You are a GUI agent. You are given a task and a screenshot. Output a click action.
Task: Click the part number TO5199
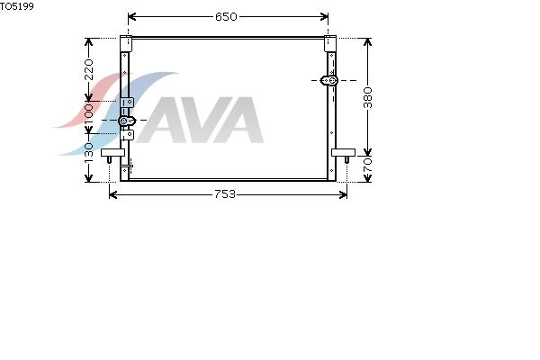click(17, 6)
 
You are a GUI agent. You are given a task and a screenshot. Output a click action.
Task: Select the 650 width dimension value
click(226, 16)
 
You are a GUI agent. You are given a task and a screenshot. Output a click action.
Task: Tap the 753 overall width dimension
click(225, 194)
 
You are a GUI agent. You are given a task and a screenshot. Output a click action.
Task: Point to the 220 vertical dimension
click(89, 69)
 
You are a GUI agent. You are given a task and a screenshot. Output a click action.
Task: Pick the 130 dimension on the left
click(89, 152)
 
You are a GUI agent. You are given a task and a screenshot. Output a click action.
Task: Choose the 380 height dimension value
click(368, 97)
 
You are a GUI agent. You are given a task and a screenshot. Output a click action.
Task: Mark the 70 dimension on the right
click(368, 165)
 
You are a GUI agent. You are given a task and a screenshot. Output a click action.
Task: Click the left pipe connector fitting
click(127, 121)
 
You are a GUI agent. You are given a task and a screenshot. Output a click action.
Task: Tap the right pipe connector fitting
click(329, 81)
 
